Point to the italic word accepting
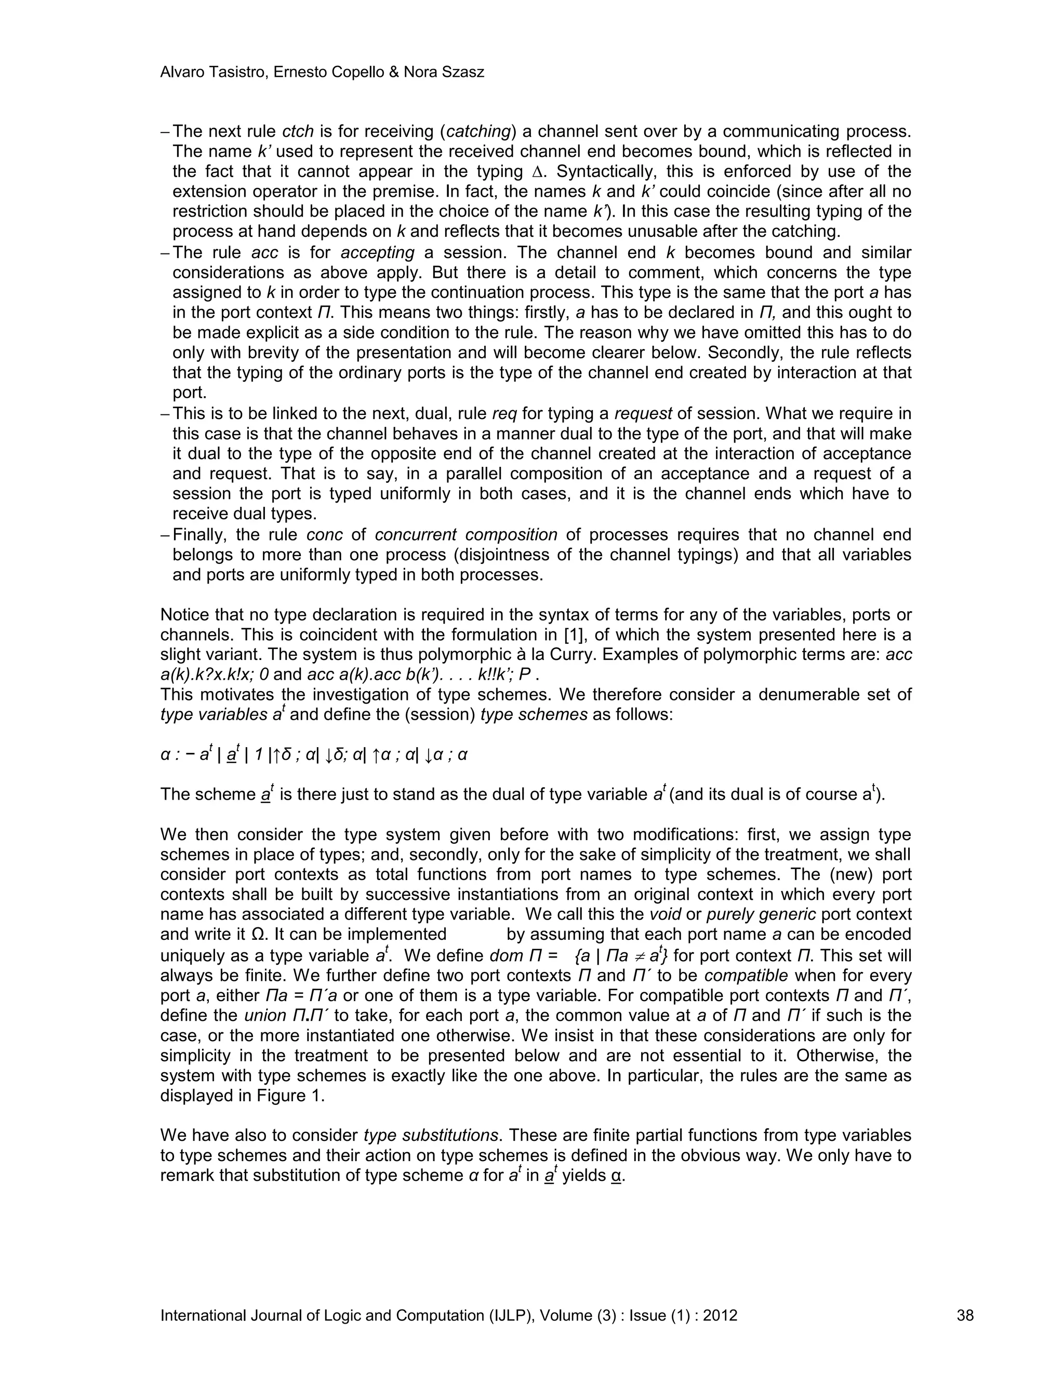(x=378, y=253)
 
